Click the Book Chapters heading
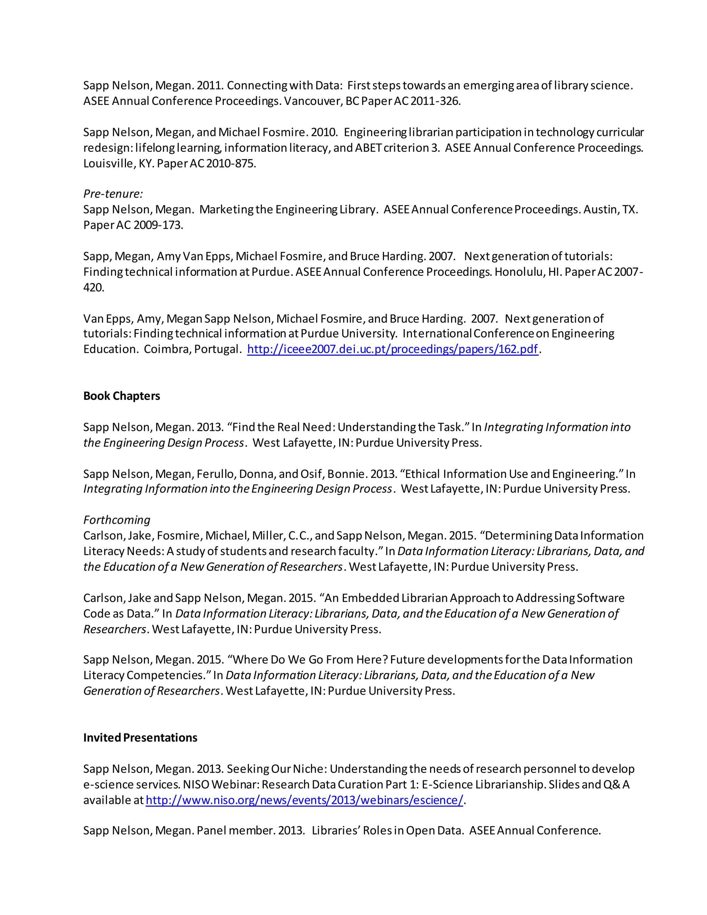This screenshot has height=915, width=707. [x=122, y=396]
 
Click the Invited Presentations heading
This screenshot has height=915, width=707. [x=140, y=738]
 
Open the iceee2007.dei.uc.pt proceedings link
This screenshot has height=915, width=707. [x=393, y=349]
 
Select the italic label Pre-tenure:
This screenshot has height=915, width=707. [x=113, y=194]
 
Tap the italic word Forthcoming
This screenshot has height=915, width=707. [x=116, y=520]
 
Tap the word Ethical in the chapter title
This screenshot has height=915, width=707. [x=423, y=474]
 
